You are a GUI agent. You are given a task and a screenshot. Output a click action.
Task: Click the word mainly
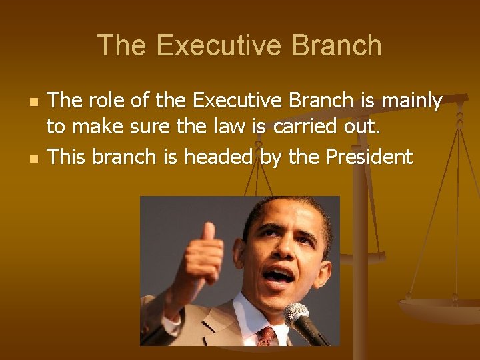pos(411,101)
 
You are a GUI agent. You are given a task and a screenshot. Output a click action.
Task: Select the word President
pos(369,157)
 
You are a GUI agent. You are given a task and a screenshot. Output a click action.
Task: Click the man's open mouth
pos(279,275)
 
